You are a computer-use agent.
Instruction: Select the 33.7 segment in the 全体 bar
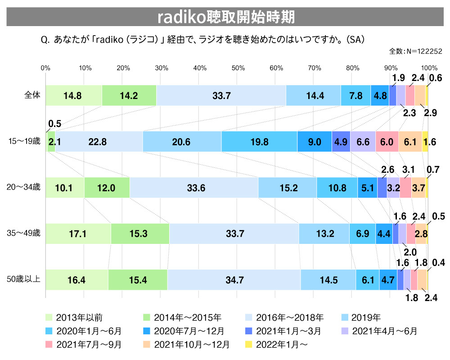[x=221, y=95]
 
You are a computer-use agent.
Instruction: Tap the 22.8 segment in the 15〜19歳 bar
[x=98, y=142]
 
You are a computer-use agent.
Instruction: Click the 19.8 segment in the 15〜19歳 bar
[x=259, y=142]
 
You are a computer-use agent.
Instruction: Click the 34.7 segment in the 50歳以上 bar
[x=234, y=280]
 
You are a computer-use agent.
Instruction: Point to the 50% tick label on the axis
[x=238, y=68]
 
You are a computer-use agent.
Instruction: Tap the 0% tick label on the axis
[x=45, y=68]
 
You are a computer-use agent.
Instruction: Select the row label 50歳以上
[x=27, y=280]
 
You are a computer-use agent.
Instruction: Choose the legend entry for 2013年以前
[x=77, y=318]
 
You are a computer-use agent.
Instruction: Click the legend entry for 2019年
[x=364, y=318]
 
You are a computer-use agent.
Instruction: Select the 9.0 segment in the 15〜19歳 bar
[x=314, y=142]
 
